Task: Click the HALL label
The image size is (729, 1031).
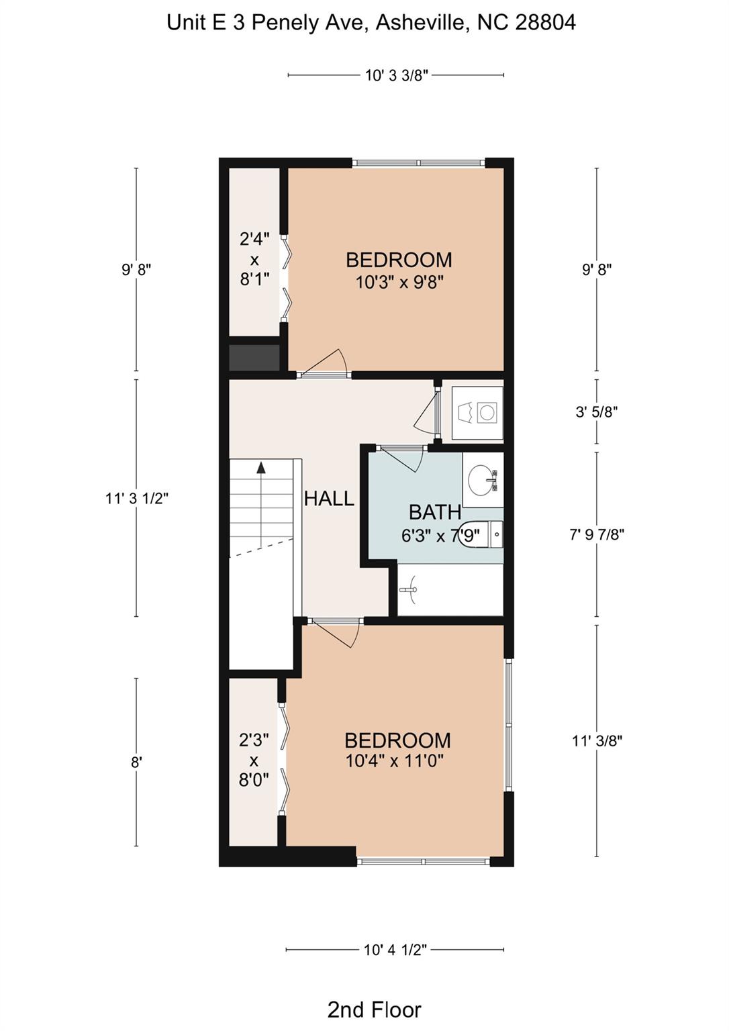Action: [x=329, y=499]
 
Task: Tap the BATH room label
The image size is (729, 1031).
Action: [x=435, y=512]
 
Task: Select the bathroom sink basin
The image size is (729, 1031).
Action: [x=481, y=480]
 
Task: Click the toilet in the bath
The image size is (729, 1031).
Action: [x=481, y=534]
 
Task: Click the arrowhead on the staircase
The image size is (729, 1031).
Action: [x=261, y=468]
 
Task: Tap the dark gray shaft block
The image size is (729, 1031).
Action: [x=254, y=358]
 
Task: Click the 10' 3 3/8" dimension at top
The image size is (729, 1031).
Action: [x=397, y=75]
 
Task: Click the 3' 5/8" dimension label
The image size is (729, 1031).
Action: [x=597, y=411]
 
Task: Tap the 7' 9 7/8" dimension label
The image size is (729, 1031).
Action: [x=597, y=535]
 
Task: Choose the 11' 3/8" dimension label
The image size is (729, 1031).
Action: [x=597, y=741]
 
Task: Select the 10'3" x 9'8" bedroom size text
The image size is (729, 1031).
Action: [x=399, y=282]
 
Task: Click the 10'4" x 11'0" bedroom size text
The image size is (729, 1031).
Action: [x=394, y=760]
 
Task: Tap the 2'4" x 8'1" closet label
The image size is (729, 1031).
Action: [x=254, y=259]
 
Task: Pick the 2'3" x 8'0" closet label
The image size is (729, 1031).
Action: [x=254, y=760]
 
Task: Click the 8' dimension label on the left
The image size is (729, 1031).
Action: [x=136, y=763]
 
